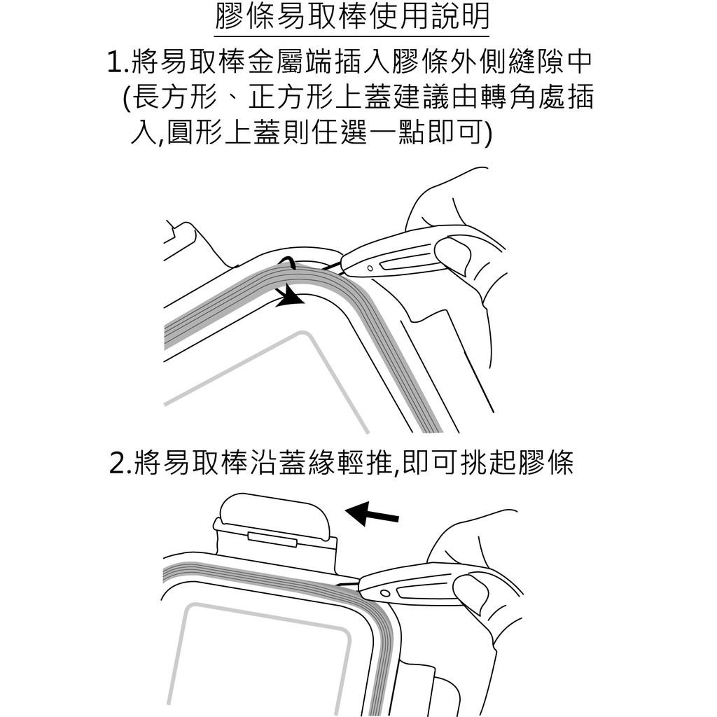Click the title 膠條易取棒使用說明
[351, 17]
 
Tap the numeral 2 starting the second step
[118, 464]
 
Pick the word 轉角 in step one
[509, 97]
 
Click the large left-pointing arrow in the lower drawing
[372, 513]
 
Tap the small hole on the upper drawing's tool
[370, 268]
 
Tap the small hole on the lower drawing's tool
[385, 594]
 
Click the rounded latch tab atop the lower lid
[274, 515]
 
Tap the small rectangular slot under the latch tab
[272, 540]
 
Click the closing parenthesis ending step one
[487, 132]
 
